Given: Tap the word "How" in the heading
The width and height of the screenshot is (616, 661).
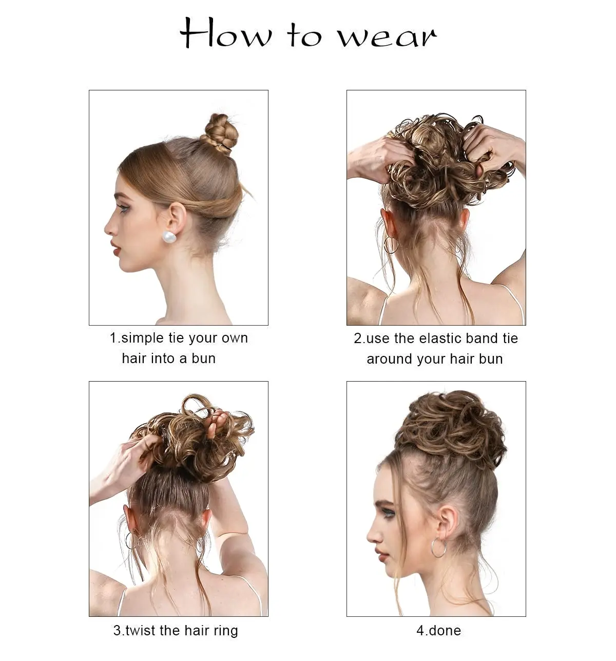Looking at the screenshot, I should [x=226, y=34].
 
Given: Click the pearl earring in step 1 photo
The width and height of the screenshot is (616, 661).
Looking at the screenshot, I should [x=169, y=237].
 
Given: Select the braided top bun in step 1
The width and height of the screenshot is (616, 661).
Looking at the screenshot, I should [x=220, y=133].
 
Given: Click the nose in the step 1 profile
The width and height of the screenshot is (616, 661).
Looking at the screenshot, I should [x=109, y=228].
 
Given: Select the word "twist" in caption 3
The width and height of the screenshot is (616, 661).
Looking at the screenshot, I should [x=140, y=630].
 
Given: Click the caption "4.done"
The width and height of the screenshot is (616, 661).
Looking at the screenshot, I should [x=438, y=630].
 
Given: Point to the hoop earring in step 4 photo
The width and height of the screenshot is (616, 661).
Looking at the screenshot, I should [x=439, y=547].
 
